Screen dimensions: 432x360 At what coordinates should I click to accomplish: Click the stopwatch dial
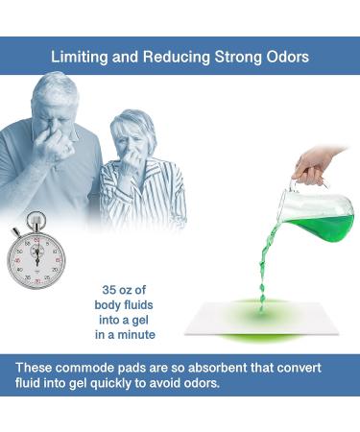[x=37, y=256]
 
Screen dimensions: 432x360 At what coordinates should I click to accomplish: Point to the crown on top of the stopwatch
[x=36, y=218]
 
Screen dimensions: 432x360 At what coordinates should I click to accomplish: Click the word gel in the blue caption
[x=150, y=320]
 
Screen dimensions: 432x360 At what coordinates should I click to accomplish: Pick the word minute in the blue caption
[x=137, y=335]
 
